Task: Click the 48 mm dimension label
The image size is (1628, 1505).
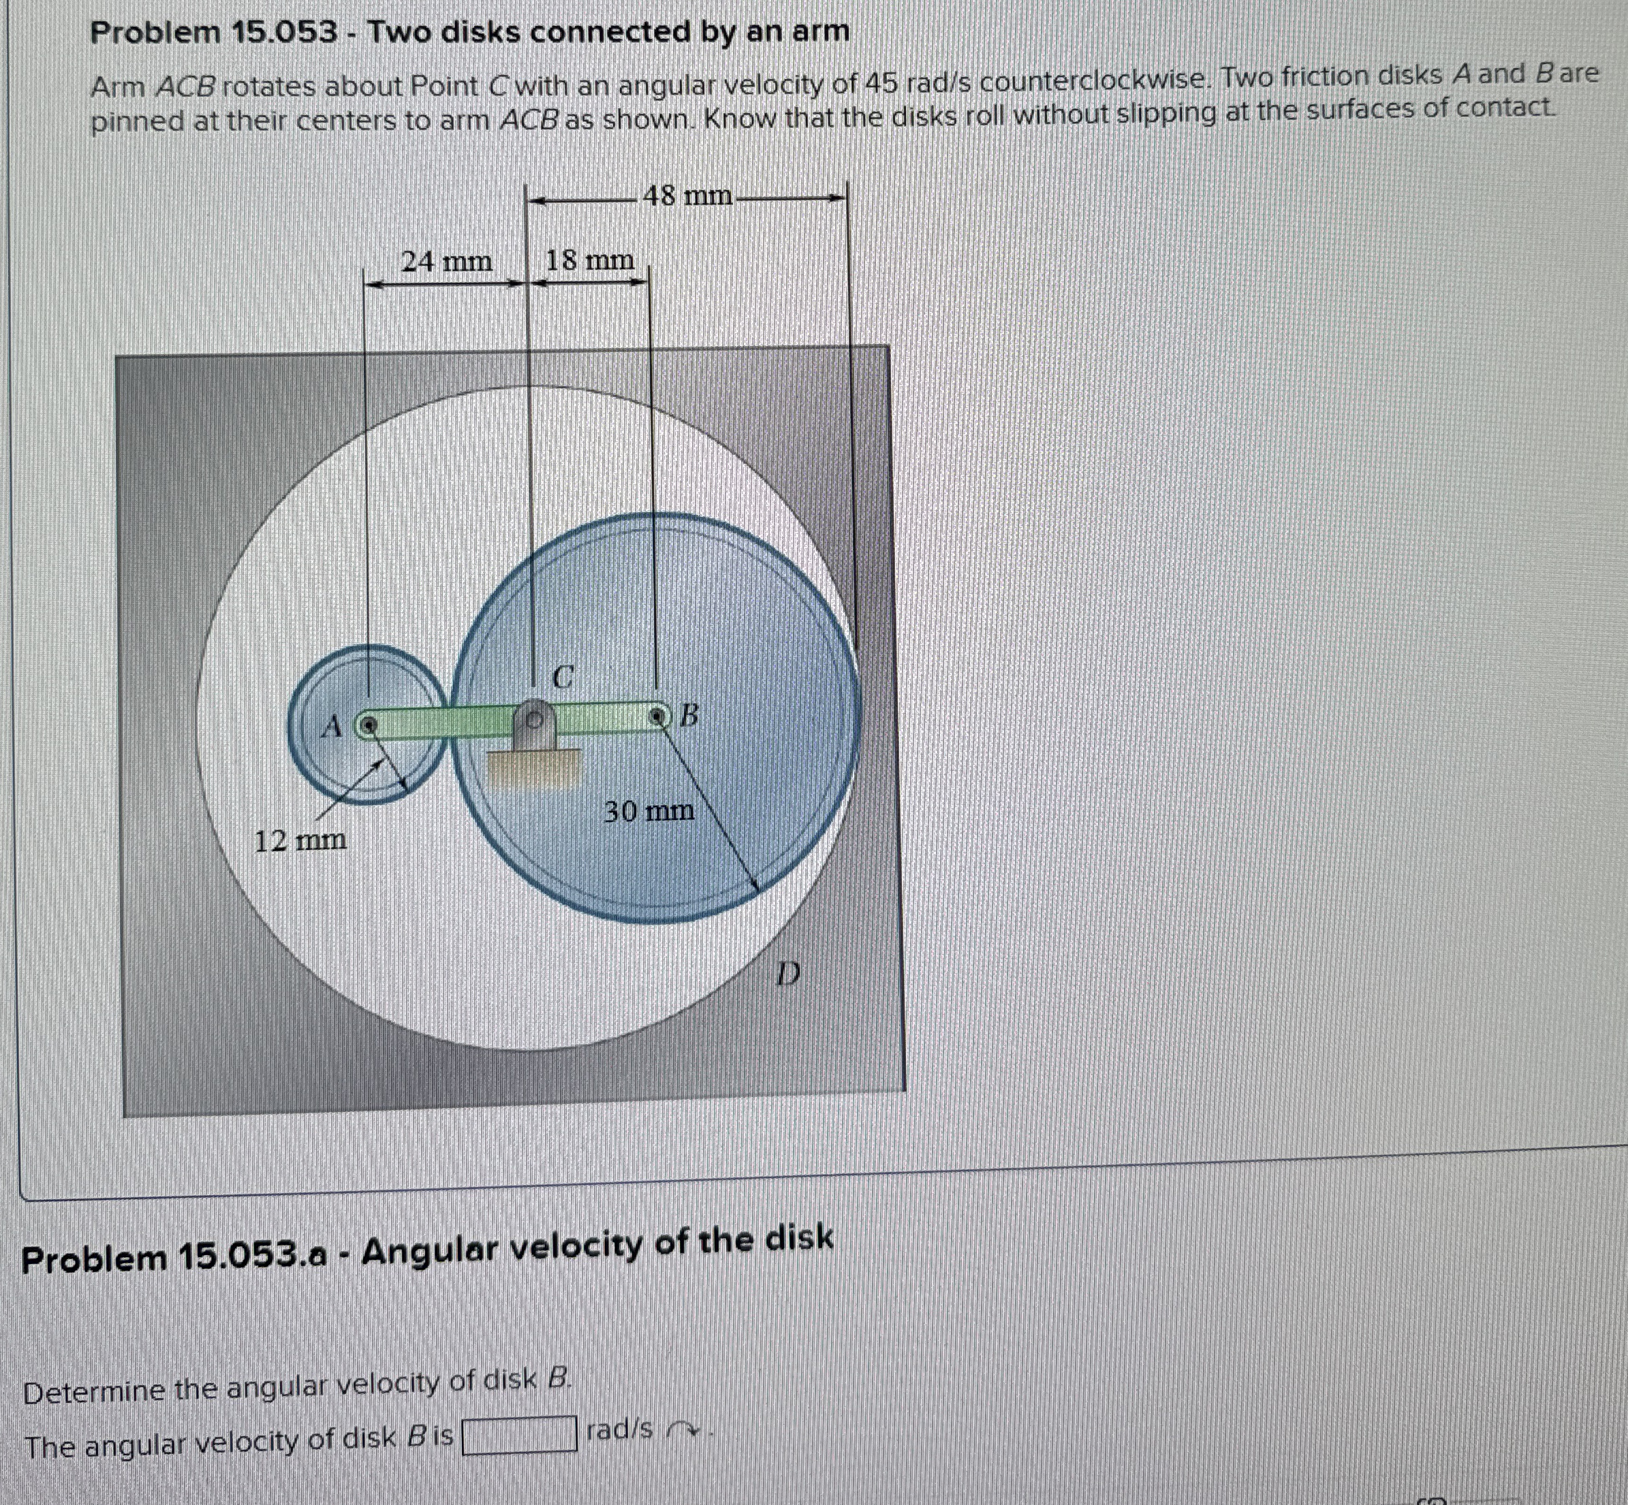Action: [x=687, y=196]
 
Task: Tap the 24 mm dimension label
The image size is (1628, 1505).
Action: [x=447, y=262]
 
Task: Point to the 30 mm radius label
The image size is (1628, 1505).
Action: [x=649, y=811]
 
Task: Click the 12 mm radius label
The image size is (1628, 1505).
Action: [x=300, y=840]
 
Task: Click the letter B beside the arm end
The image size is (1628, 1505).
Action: [x=689, y=716]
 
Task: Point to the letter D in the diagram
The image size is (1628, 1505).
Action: [x=787, y=972]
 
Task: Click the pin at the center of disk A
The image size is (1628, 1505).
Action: [x=369, y=723]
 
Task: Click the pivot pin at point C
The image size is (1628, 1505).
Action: [x=534, y=720]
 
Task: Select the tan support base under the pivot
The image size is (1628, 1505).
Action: [x=533, y=768]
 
